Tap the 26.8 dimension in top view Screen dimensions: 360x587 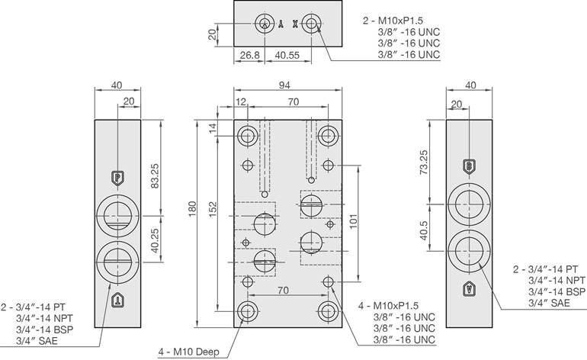coord(249,55)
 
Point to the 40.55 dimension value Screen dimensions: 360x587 coord(287,55)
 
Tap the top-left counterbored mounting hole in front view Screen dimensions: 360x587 coord(248,137)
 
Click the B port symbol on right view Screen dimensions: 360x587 coord(470,166)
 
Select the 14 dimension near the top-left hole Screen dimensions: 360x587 coord(213,126)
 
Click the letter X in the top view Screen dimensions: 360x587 coord(296,24)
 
